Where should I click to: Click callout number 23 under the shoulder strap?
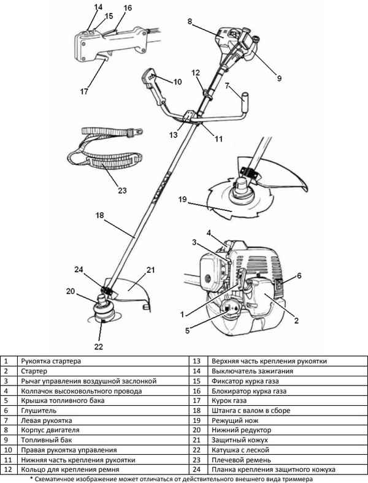122,191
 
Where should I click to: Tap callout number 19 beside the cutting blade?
182,199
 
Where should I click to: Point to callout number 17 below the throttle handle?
84,91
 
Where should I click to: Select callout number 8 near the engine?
190,21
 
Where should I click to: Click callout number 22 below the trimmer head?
99,346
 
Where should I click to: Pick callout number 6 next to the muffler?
299,276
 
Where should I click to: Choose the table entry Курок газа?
229,401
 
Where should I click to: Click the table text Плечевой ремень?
241,460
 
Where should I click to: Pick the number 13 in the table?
196,361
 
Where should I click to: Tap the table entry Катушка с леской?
240,450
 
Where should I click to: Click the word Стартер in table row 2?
34,371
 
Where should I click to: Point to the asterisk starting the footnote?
31,479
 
